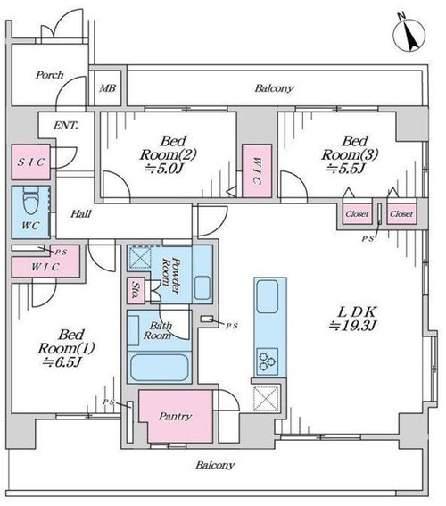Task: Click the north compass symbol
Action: (x=409, y=35)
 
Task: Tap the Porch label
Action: (x=50, y=75)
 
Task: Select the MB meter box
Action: (x=107, y=87)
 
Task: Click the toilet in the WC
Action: (x=30, y=201)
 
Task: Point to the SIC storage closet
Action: (x=31, y=162)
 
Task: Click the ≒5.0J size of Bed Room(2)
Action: (x=166, y=169)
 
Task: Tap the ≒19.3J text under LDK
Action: (x=353, y=326)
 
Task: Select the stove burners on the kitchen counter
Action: (x=268, y=361)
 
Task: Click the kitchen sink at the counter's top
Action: (x=268, y=296)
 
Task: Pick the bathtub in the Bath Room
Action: (x=160, y=368)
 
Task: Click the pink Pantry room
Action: (x=176, y=416)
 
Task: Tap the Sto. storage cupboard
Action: (x=136, y=291)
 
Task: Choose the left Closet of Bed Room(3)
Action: (x=357, y=214)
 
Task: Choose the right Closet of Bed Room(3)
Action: (x=401, y=214)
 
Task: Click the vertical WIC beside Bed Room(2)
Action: (x=257, y=170)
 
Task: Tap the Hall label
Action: (x=81, y=213)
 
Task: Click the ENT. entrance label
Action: (x=66, y=125)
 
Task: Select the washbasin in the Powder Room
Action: (x=202, y=287)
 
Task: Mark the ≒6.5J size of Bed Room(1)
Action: (x=62, y=362)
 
